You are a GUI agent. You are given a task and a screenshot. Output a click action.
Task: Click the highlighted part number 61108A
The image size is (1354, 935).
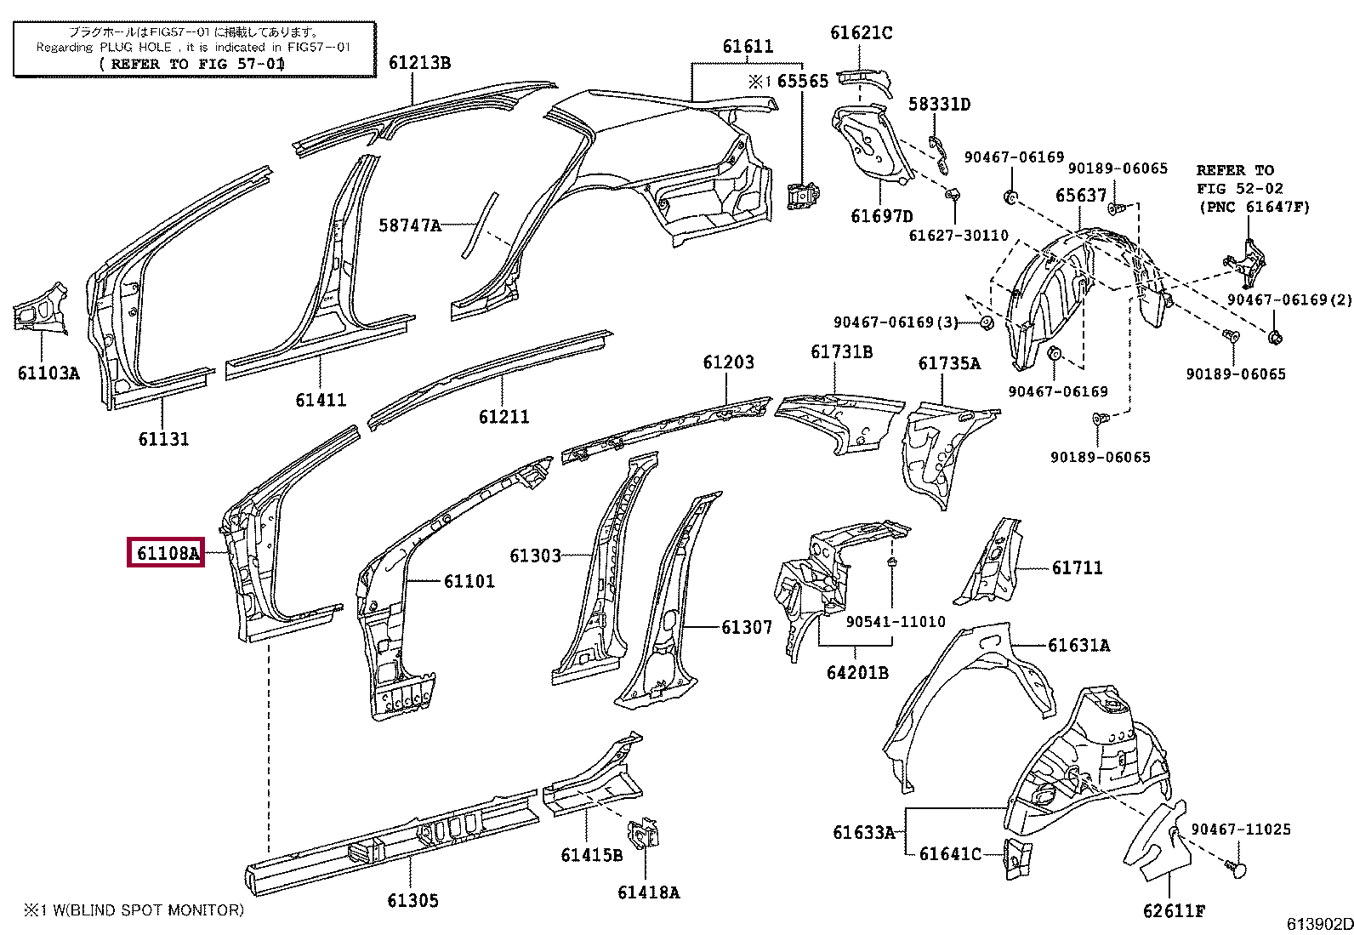pyautogui.click(x=168, y=553)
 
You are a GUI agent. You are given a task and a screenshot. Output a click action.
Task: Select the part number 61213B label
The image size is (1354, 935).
pyautogui.click(x=419, y=63)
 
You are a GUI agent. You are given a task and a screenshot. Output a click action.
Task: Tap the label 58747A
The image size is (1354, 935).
pyautogui.click(x=410, y=225)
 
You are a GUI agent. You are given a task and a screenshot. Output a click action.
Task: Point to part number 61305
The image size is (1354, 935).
pyautogui.click(x=412, y=900)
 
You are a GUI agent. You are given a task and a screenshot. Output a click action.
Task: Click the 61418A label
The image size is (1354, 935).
pyautogui.click(x=649, y=892)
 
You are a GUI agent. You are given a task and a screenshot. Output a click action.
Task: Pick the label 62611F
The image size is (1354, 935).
pyautogui.click(x=1174, y=911)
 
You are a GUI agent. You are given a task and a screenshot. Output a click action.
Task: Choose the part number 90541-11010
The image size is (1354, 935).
pyautogui.click(x=896, y=622)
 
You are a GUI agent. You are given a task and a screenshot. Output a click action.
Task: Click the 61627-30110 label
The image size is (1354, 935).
pyautogui.click(x=959, y=236)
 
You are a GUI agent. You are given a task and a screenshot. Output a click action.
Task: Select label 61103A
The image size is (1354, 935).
pyautogui.click(x=48, y=373)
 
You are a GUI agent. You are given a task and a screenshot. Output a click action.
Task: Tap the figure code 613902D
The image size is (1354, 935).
pyautogui.click(x=1319, y=924)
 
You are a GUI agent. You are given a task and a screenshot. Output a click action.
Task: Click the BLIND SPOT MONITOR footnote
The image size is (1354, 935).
pyautogui.click(x=134, y=910)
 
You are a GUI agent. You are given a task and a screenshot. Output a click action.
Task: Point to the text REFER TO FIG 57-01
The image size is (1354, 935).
pyautogui.click(x=192, y=64)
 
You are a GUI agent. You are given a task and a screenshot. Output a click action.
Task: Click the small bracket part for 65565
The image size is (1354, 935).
pyautogui.click(x=803, y=195)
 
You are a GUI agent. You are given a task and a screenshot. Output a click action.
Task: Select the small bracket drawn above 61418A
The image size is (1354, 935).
pyautogui.click(x=642, y=834)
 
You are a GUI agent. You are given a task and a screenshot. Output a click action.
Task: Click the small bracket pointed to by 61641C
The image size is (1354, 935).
pyautogui.click(x=1018, y=858)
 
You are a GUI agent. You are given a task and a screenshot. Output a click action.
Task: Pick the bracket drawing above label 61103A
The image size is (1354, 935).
pyautogui.click(x=41, y=309)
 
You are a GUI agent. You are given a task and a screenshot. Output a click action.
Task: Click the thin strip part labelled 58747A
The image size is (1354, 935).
pyautogui.click(x=480, y=225)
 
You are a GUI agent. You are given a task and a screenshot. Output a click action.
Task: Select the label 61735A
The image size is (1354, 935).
pyautogui.click(x=949, y=363)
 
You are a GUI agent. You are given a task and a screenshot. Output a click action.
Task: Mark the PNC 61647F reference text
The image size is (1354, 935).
pyautogui.click(x=1254, y=208)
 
